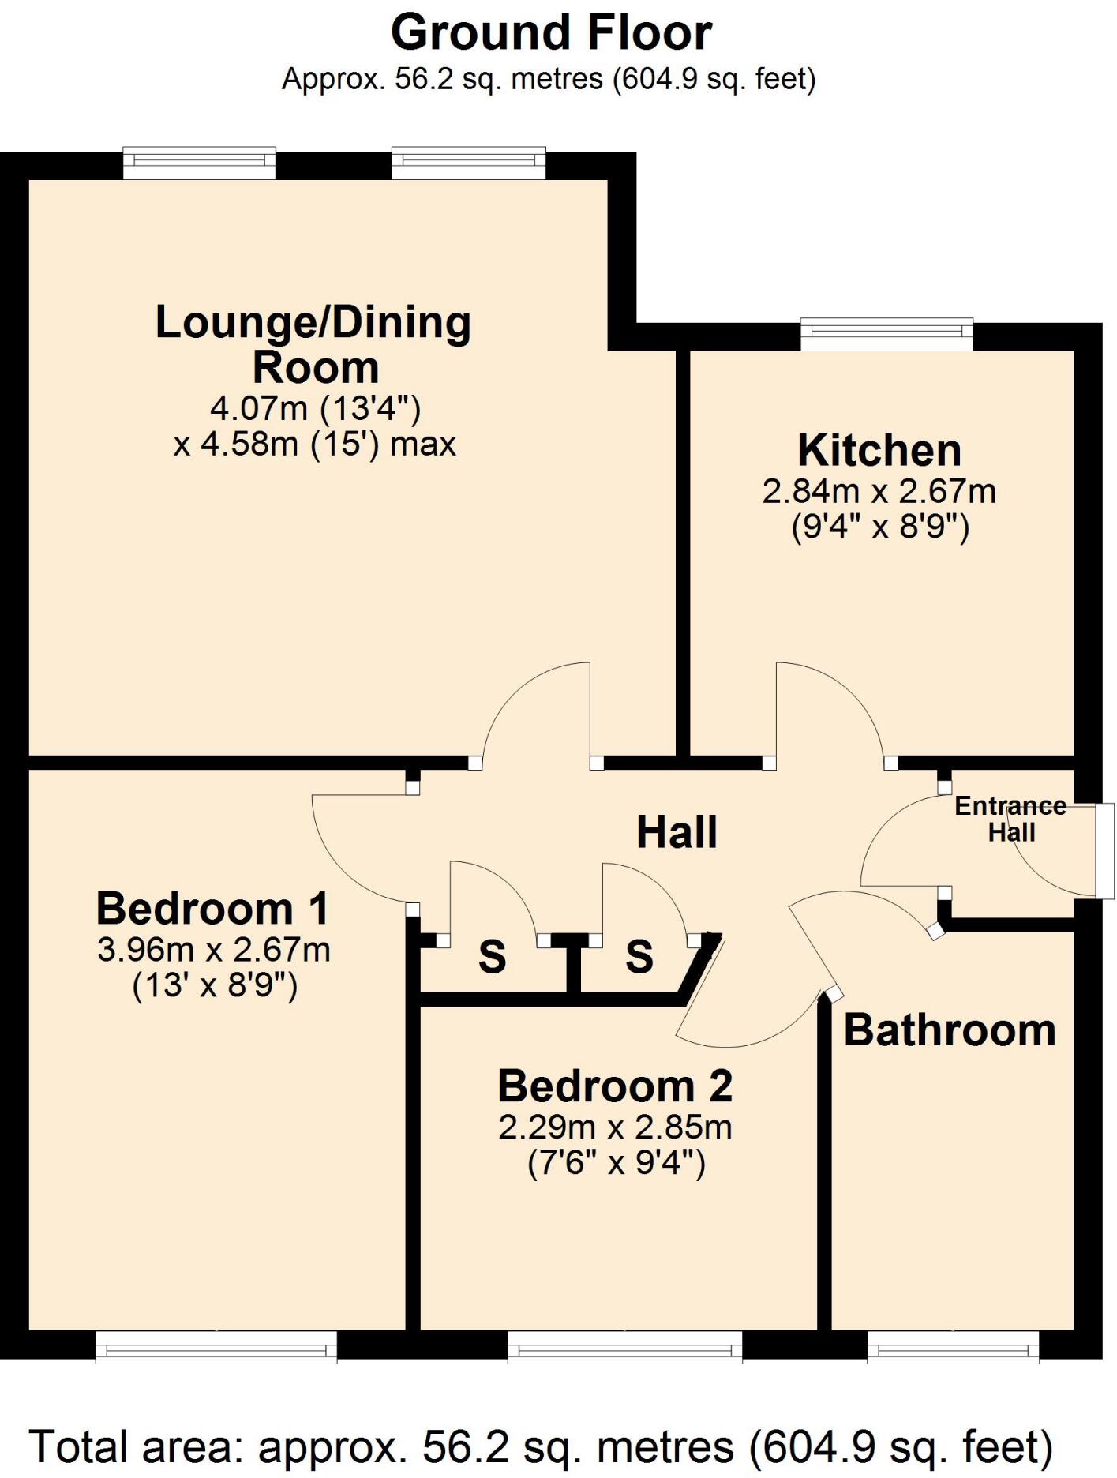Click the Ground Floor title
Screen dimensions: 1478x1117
(551, 33)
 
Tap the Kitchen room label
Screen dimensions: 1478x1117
(879, 451)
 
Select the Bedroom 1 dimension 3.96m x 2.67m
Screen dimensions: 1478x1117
(213, 950)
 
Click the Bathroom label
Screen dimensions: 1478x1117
(950, 1030)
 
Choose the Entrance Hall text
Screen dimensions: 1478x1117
(1011, 819)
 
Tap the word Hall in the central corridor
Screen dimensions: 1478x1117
(677, 833)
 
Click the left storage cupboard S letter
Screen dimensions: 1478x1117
(492, 958)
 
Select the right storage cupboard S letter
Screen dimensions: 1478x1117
(639, 957)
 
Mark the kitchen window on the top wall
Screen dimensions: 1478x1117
(886, 334)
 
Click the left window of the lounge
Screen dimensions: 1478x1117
(199, 163)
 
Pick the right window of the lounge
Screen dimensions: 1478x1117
(469, 163)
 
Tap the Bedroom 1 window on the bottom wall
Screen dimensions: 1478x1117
(216, 1346)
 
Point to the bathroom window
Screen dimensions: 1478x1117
(953, 1346)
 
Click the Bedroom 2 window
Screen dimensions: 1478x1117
(624, 1346)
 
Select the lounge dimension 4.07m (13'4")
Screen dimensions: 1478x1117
(315, 408)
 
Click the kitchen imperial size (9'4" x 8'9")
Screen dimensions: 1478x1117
(879, 527)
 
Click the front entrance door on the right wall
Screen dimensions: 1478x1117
(1104, 850)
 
